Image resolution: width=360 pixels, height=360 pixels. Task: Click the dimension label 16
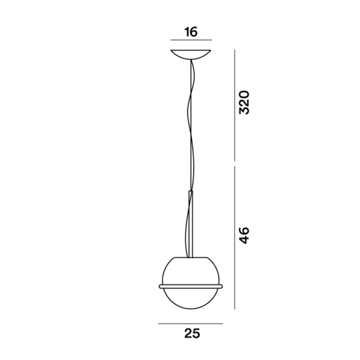coord(191,32)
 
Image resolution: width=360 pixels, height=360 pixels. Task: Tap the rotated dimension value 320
coord(244,103)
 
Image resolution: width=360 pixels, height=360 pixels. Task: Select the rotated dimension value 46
coord(244,235)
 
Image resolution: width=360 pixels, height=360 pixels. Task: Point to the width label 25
coord(192,333)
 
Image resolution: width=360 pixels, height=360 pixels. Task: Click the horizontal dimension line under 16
coord(191,40)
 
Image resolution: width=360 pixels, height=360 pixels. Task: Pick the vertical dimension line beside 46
coord(235,238)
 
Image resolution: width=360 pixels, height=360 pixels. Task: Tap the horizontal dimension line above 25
coord(190,323)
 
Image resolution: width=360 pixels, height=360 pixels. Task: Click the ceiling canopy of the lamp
coord(191,54)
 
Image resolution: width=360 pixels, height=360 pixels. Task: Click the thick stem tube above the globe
coord(190,223)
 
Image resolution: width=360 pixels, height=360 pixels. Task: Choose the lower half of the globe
coord(190,299)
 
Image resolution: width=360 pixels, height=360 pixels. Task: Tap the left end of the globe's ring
coord(160,286)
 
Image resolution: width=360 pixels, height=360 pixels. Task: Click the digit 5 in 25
coord(196,333)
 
